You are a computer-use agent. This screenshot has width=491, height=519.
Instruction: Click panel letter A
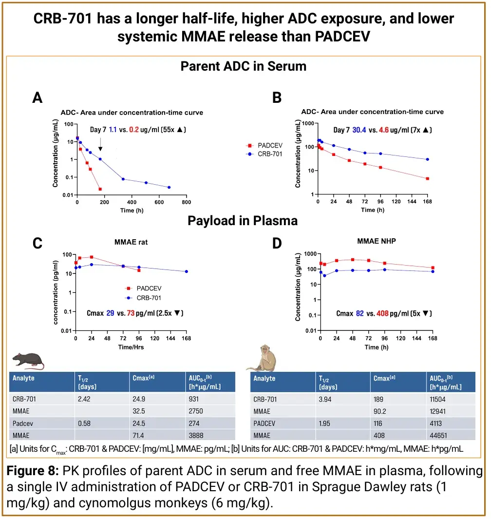point(38,98)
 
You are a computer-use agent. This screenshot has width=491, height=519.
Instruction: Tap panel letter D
point(277,243)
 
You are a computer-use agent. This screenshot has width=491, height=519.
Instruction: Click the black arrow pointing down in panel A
point(100,145)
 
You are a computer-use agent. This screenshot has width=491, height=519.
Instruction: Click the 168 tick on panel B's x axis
point(428,201)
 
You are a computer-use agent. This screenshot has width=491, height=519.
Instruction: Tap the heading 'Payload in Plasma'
point(243,221)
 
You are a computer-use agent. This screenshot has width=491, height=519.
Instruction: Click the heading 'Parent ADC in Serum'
point(244,66)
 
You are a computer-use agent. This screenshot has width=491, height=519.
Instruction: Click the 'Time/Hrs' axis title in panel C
point(131,347)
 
